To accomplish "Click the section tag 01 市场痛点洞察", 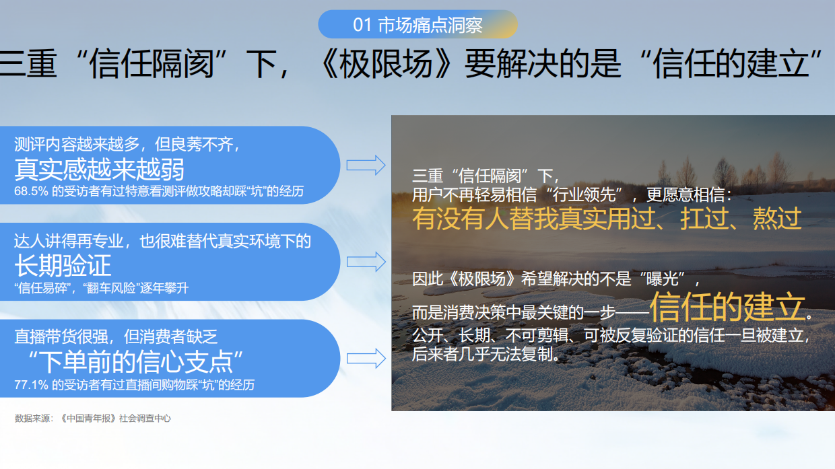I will point(417,26).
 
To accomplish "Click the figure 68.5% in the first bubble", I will point(31,191).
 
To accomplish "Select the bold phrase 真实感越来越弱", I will point(100,169).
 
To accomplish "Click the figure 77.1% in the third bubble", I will point(31,385).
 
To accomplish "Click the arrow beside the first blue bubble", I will point(366,165).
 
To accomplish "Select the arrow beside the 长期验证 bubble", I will point(366,262).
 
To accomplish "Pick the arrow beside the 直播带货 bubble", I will point(366,358).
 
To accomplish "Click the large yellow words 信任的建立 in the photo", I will point(727,308).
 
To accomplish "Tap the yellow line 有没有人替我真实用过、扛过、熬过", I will point(607,219).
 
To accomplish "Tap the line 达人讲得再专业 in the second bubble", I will point(162,241).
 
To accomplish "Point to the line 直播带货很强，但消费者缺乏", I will point(116,337).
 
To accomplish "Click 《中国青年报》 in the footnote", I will point(88,419).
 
